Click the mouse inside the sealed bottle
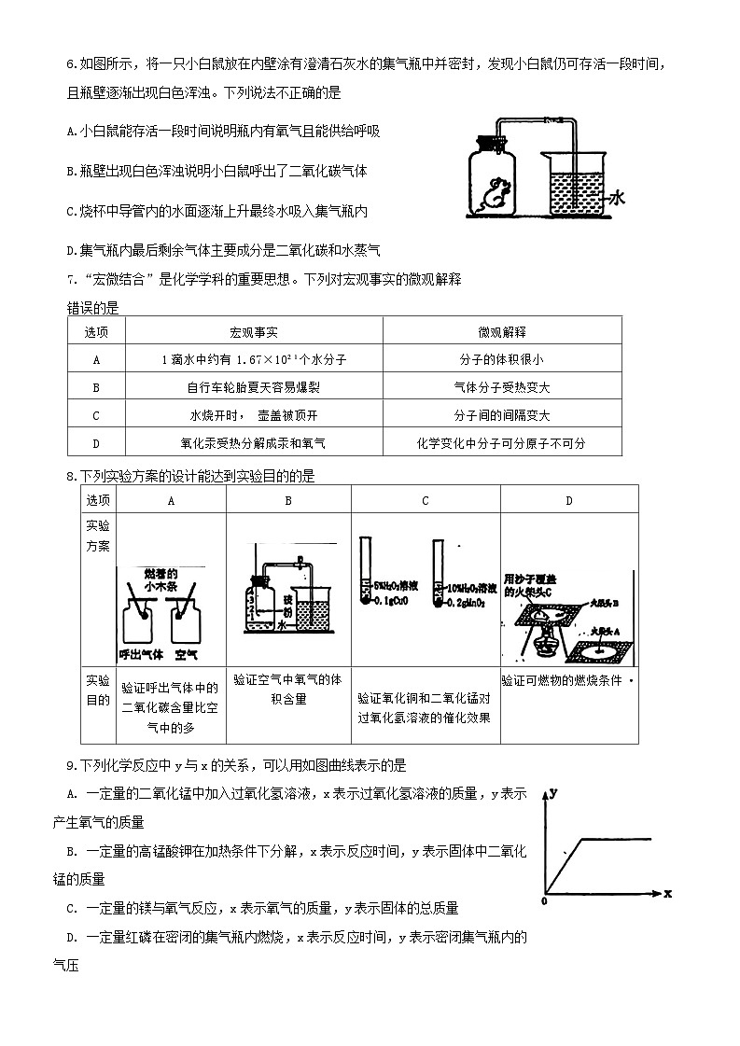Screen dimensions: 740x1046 495,193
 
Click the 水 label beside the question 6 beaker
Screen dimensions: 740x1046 618,198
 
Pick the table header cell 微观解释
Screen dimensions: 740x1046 501,332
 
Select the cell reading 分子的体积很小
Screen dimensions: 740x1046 501,360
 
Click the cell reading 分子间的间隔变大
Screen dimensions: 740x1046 501,416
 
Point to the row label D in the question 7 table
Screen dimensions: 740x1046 96,444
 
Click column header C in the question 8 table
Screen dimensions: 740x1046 426,501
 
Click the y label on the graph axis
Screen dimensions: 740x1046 554,792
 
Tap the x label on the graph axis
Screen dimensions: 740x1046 667,893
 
